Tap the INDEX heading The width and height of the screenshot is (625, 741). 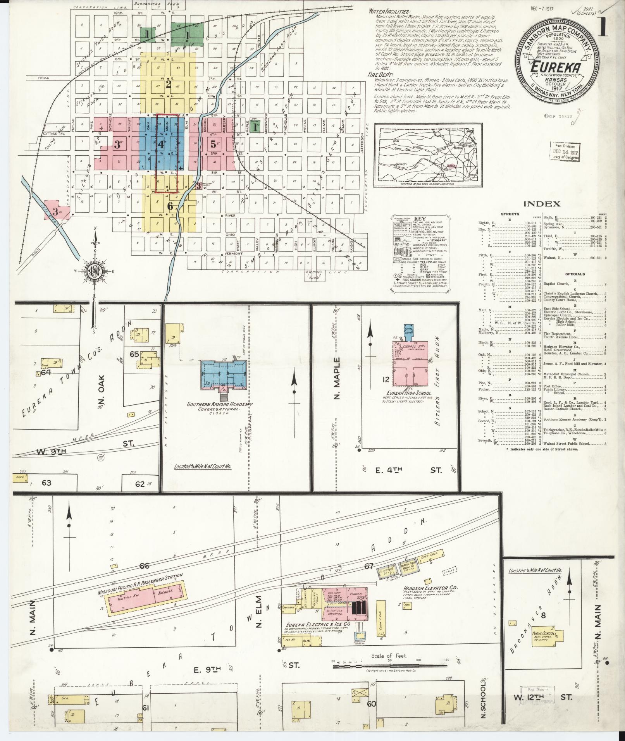[x=542, y=204]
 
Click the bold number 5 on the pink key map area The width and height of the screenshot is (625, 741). [x=213, y=144]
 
